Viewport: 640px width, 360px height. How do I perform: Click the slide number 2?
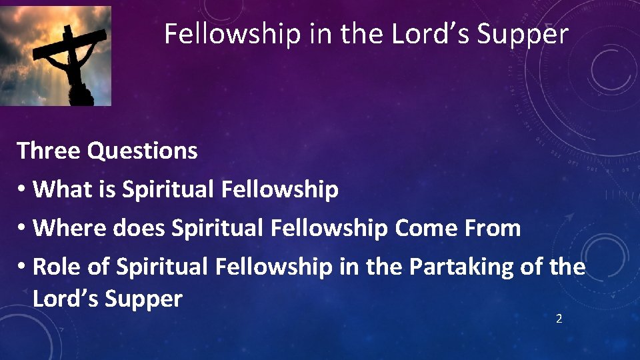[559, 319]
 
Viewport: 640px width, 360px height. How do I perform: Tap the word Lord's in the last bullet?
[64, 299]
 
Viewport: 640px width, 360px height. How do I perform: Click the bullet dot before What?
[23, 190]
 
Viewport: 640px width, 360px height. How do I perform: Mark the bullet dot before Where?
[23, 229]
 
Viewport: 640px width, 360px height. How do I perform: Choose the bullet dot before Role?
[23, 267]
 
